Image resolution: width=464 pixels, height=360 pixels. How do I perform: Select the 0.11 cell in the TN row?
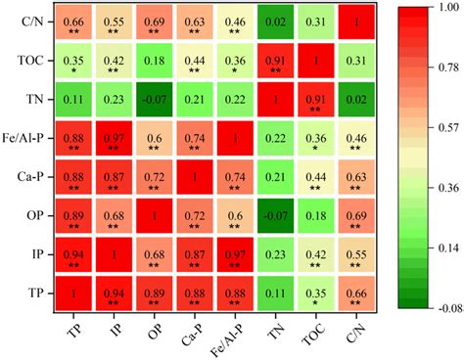(x=73, y=100)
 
